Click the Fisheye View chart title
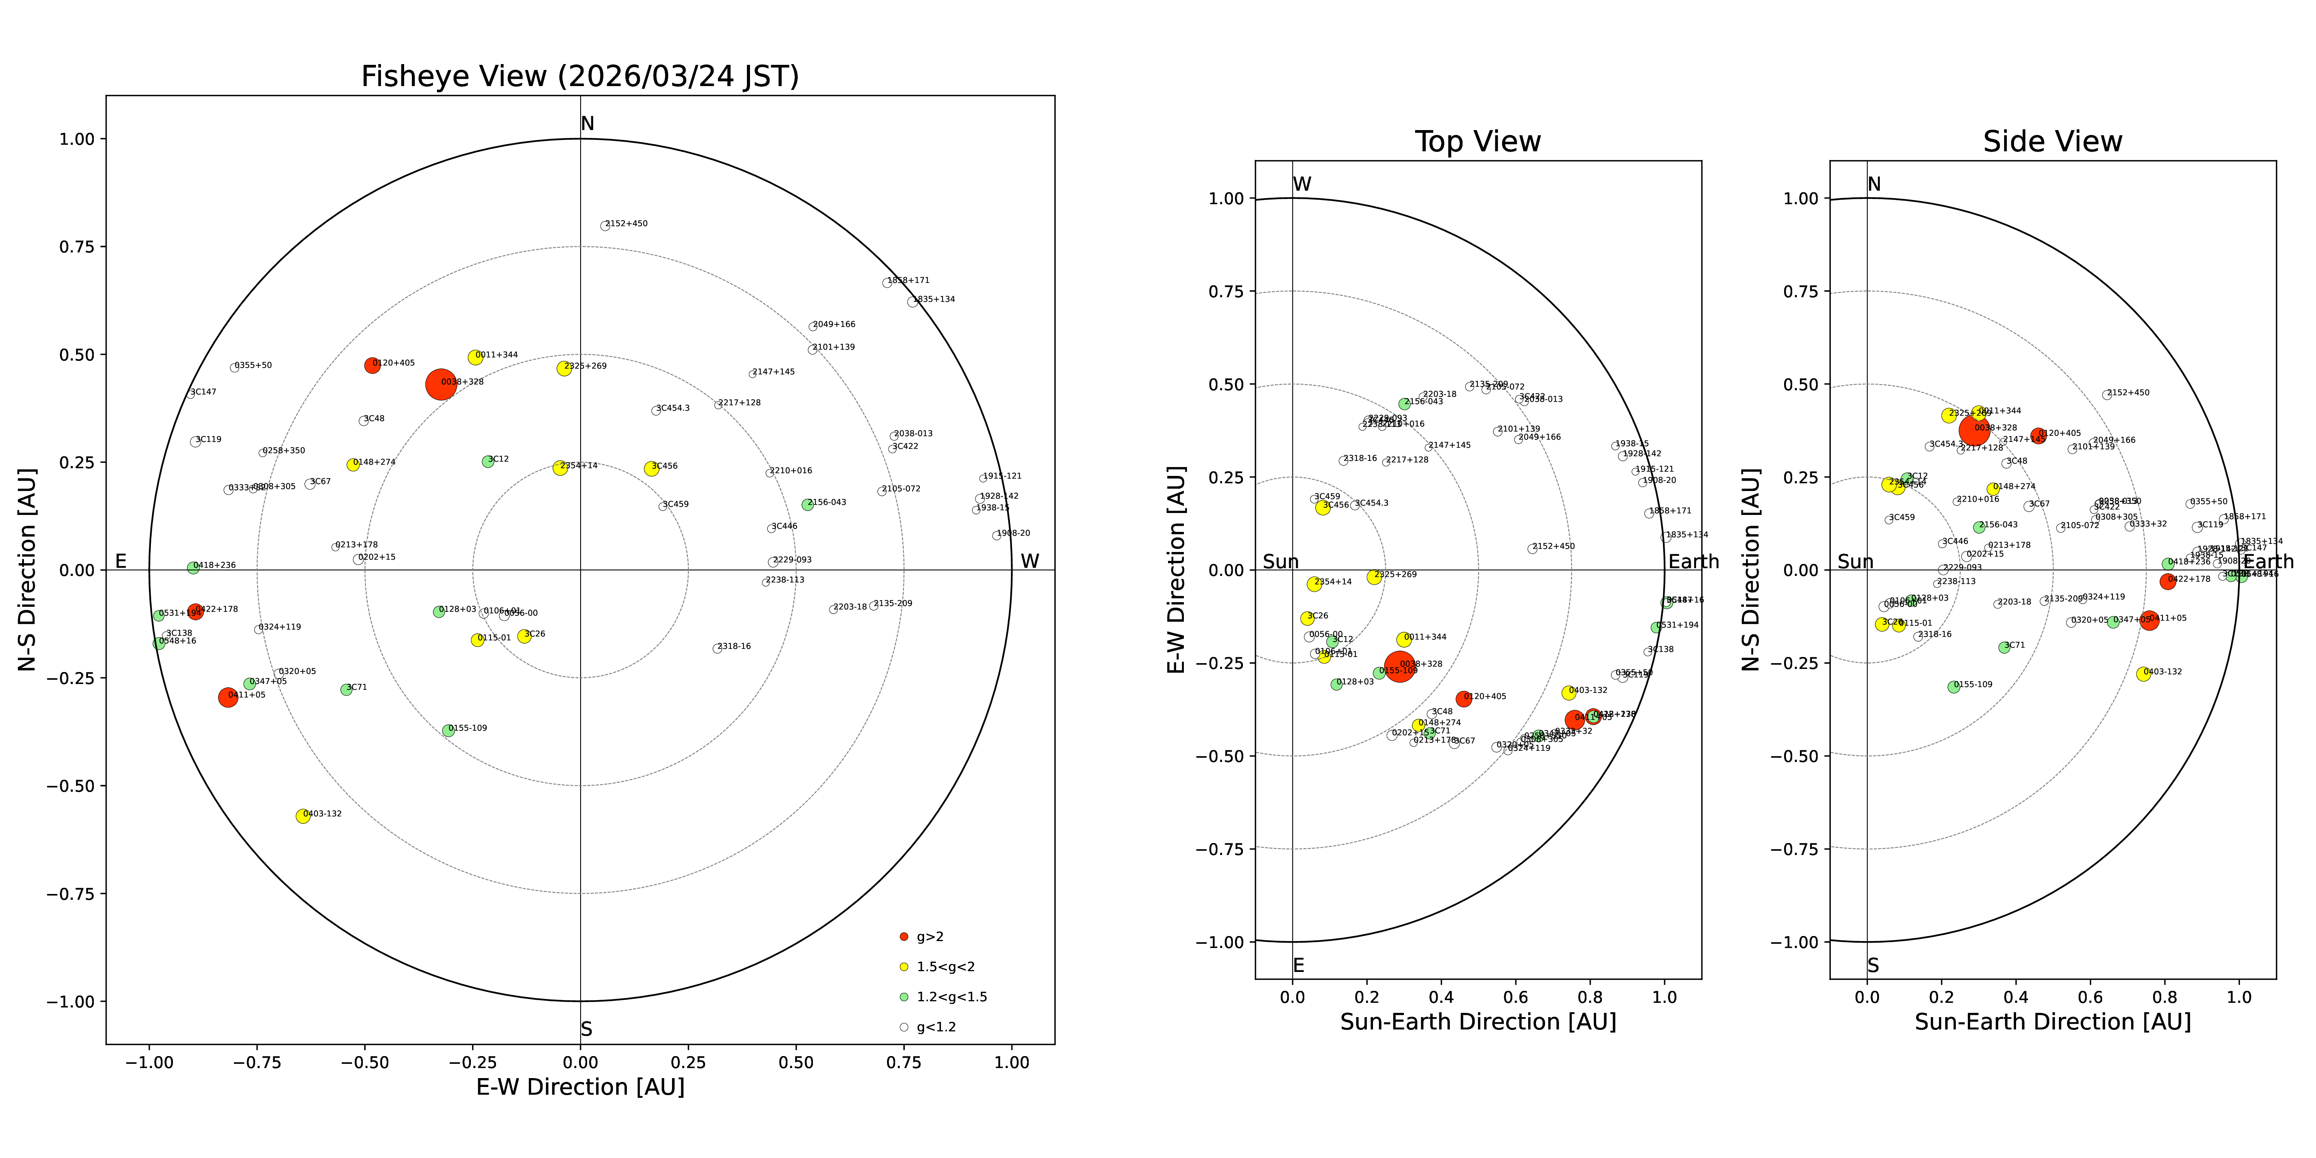click(x=580, y=76)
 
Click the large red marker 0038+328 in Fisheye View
click(x=440, y=384)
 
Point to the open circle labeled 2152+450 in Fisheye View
click(x=605, y=226)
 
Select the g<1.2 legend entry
click(x=935, y=1027)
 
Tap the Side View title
click(x=2053, y=142)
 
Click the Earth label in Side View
click(x=2269, y=562)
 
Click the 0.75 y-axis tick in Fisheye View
click(x=76, y=246)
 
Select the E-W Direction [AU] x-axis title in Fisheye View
click(x=580, y=1087)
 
